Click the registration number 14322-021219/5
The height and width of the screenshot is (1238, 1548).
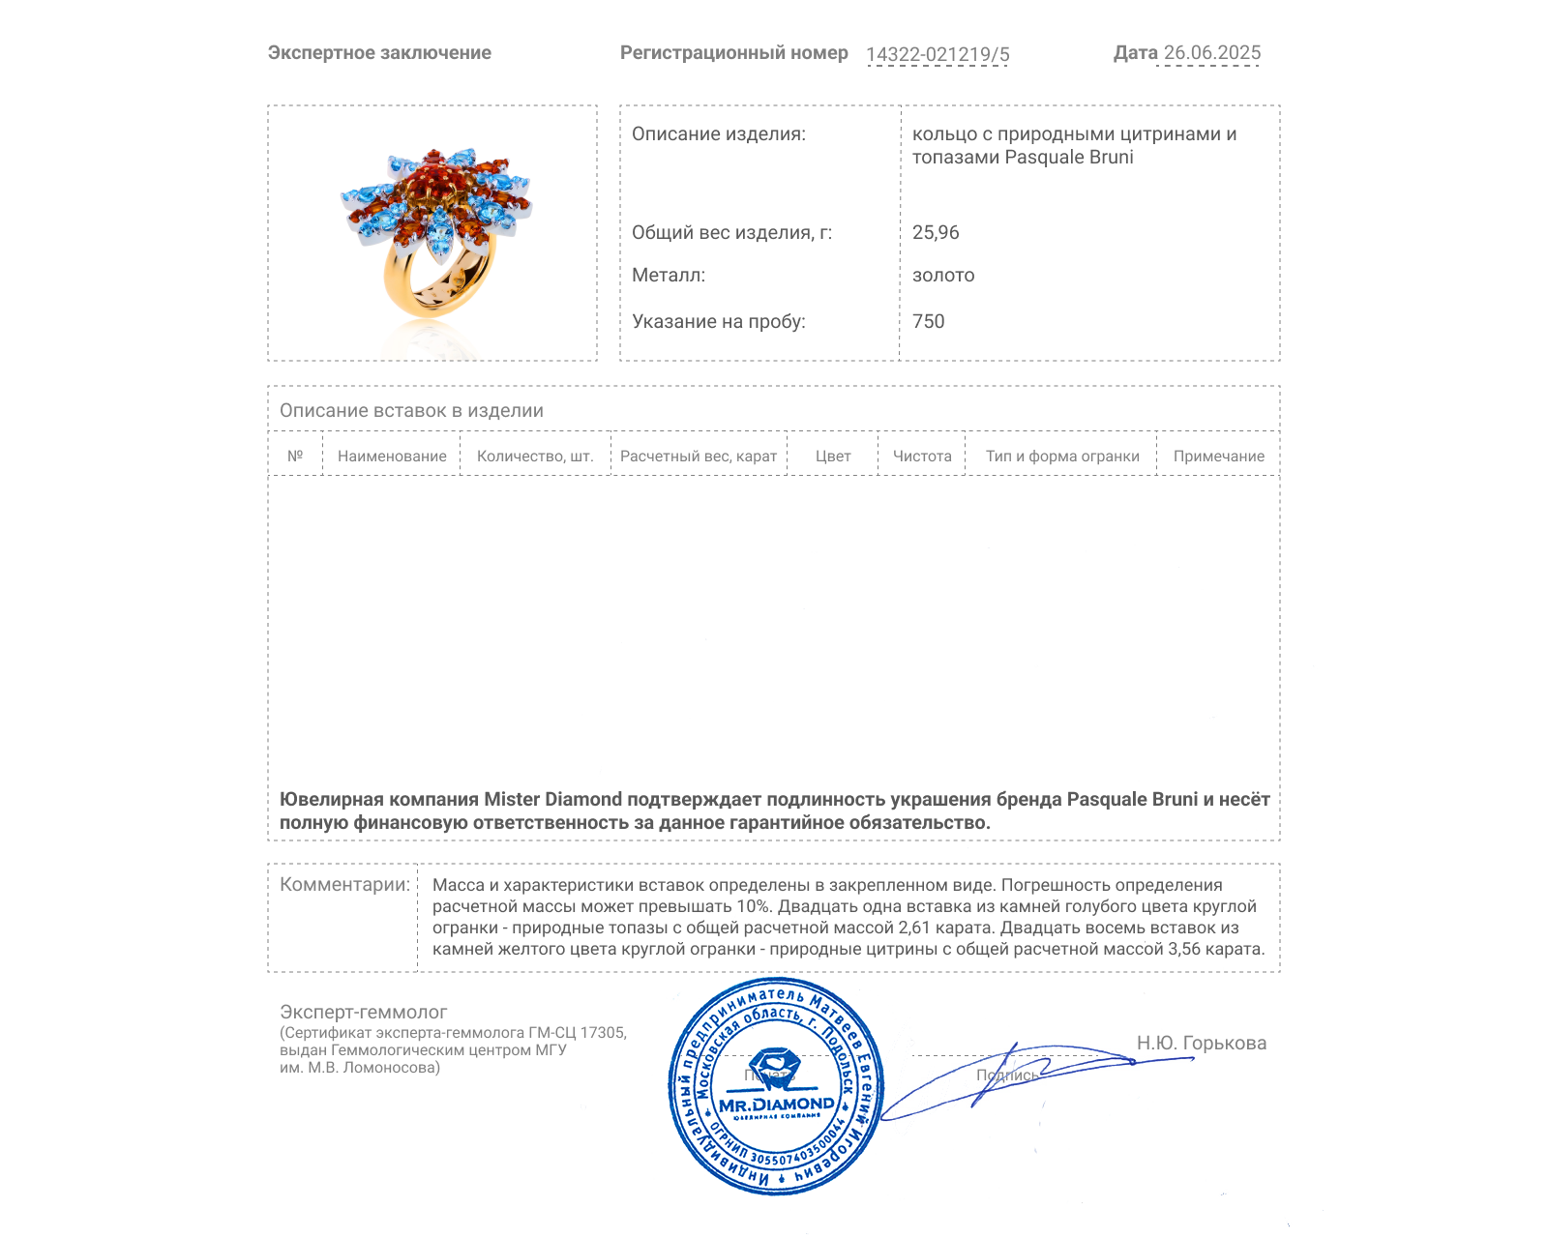pyautogui.click(x=938, y=55)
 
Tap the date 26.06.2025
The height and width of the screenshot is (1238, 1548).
pyautogui.click(x=1212, y=53)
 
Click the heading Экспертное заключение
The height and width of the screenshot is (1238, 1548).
pyautogui.click(x=379, y=53)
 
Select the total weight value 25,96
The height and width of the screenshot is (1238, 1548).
pyautogui.click(x=936, y=232)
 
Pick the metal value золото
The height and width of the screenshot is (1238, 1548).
pyautogui.click(x=943, y=276)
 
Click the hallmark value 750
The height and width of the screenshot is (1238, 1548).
pyautogui.click(x=929, y=321)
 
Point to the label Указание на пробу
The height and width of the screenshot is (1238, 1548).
pyautogui.click(x=718, y=321)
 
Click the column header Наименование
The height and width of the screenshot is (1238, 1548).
pyautogui.click(x=392, y=457)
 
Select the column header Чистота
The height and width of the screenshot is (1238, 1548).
pyautogui.click(x=922, y=457)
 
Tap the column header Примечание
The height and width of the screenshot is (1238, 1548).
pyautogui.click(x=1218, y=457)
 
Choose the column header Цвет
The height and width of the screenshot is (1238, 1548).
pyautogui.click(x=833, y=457)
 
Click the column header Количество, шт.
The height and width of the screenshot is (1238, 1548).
pyautogui.click(x=535, y=457)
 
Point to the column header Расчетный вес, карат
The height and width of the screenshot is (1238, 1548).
pyautogui.click(x=699, y=457)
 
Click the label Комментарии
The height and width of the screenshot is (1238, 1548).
pyautogui.click(x=344, y=884)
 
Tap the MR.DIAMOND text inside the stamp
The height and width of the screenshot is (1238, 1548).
pyautogui.click(x=776, y=1105)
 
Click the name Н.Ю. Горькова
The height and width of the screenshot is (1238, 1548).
pyautogui.click(x=1201, y=1043)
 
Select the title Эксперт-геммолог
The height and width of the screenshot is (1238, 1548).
pyautogui.click(x=364, y=1012)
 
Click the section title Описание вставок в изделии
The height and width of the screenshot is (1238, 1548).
pyautogui.click(x=411, y=410)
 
